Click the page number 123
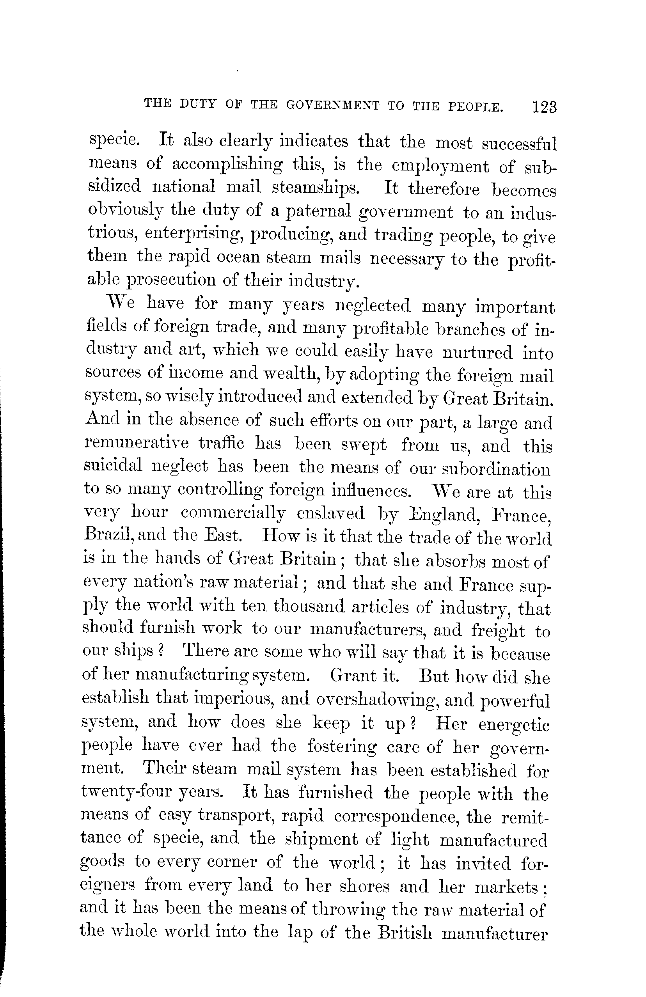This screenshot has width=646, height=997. point(544,107)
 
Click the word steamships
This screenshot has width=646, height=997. point(316,187)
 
